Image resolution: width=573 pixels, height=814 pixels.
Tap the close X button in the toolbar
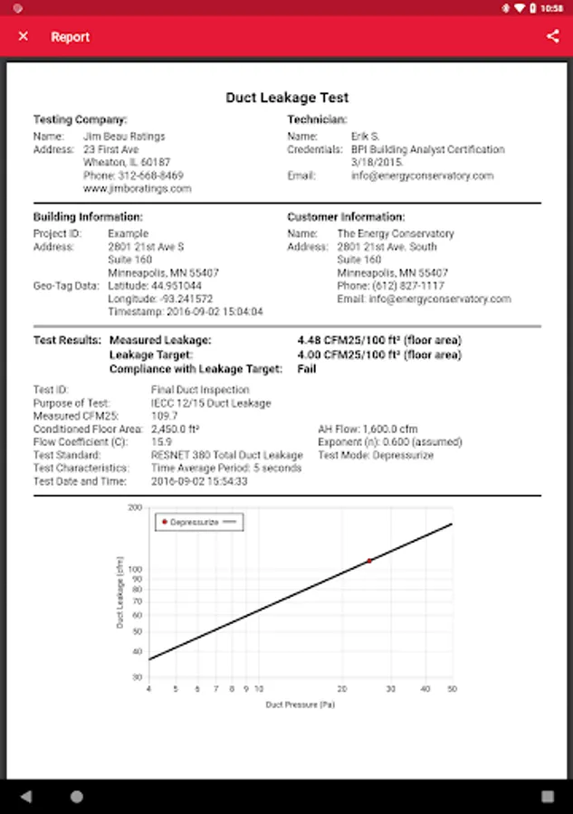[x=24, y=36]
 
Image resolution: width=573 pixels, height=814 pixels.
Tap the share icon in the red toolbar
[x=552, y=36]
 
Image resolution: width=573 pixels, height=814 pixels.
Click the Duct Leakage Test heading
[x=287, y=98]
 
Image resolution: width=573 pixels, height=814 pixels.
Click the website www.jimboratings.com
[x=137, y=189]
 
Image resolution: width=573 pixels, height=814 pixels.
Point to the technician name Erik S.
[x=366, y=137]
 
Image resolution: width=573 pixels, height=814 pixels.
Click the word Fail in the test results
[x=307, y=369]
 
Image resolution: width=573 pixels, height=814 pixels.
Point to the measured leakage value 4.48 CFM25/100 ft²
[x=378, y=340]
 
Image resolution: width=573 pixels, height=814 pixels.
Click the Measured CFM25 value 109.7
[x=163, y=416]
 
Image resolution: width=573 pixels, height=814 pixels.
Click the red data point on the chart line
[x=369, y=561]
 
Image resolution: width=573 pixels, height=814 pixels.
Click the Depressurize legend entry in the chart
[x=194, y=522]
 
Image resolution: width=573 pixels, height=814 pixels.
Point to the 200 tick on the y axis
[x=136, y=508]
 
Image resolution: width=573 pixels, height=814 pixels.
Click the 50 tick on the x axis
[x=452, y=688]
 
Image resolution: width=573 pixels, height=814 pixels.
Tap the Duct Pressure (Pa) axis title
[x=299, y=704]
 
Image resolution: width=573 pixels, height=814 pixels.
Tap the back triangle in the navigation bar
[x=25, y=797]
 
